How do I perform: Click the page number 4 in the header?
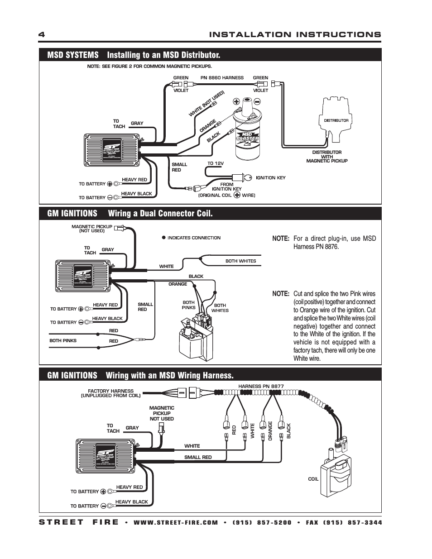[x=42, y=35]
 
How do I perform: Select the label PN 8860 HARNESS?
[x=222, y=77]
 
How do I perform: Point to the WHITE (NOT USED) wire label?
[x=206, y=104]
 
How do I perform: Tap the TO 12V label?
[x=216, y=163]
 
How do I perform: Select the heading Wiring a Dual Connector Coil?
[x=160, y=213]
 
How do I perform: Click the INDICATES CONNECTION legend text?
[x=194, y=238]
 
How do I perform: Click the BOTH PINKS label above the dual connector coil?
[x=189, y=305]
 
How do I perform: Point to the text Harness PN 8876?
[x=316, y=247]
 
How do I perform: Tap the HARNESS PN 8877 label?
[x=261, y=386]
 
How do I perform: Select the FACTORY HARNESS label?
[x=110, y=393]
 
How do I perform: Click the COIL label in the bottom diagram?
[x=313, y=479]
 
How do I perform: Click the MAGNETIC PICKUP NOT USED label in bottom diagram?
[x=162, y=413]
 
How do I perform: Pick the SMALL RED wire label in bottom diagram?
[x=198, y=457]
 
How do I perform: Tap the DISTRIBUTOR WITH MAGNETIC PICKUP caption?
[x=327, y=157]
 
